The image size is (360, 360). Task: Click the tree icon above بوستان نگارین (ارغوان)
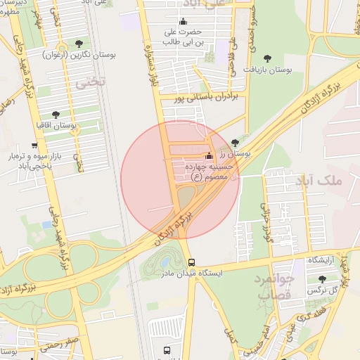pos(78,43)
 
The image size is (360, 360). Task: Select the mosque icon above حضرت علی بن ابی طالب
pos(184,22)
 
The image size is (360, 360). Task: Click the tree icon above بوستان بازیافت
pos(266,58)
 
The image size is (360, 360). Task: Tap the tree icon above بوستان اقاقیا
pos(56,114)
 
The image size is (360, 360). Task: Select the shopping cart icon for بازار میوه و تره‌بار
pos(34,146)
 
